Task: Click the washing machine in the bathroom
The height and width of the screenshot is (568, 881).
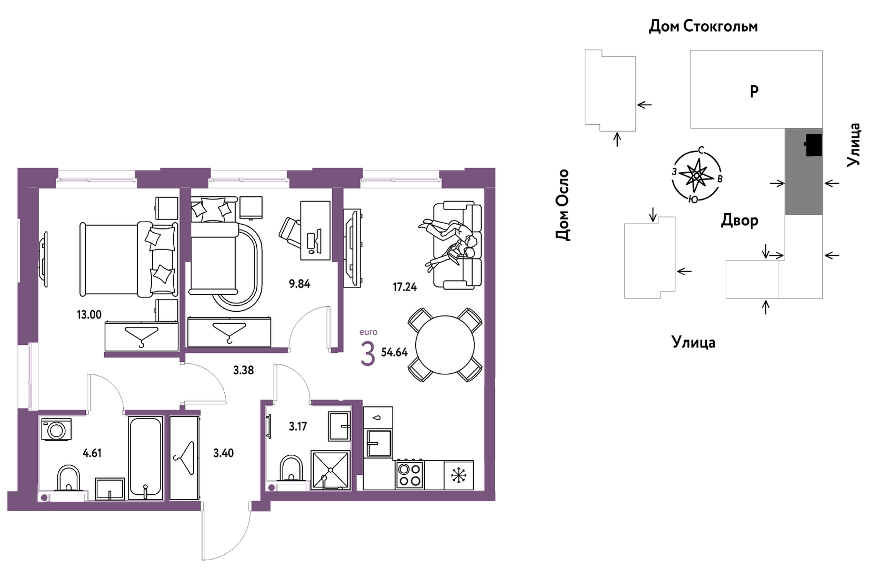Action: click(57, 429)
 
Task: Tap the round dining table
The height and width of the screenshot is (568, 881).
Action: click(445, 345)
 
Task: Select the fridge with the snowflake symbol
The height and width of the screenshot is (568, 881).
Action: click(458, 475)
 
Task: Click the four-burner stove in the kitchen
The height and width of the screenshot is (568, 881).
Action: click(410, 475)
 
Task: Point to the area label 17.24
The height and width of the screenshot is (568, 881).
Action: click(404, 287)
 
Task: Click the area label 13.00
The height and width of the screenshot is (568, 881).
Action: click(89, 315)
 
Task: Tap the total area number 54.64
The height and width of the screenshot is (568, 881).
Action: click(395, 353)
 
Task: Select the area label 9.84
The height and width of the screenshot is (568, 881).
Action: click(299, 284)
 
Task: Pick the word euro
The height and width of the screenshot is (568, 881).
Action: click(368, 332)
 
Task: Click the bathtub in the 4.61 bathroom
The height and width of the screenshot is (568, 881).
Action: click(145, 459)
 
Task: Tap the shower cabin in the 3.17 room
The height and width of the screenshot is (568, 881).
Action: click(331, 470)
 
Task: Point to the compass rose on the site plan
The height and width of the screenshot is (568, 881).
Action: click(697, 175)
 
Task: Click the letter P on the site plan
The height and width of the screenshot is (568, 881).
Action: click(754, 92)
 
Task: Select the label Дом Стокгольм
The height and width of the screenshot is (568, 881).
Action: click(703, 26)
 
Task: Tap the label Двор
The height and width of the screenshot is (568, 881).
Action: click(739, 220)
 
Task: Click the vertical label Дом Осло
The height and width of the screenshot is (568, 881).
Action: click(563, 205)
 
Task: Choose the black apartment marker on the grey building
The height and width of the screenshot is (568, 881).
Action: click(813, 145)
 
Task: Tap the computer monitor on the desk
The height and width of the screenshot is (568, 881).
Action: click(318, 241)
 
